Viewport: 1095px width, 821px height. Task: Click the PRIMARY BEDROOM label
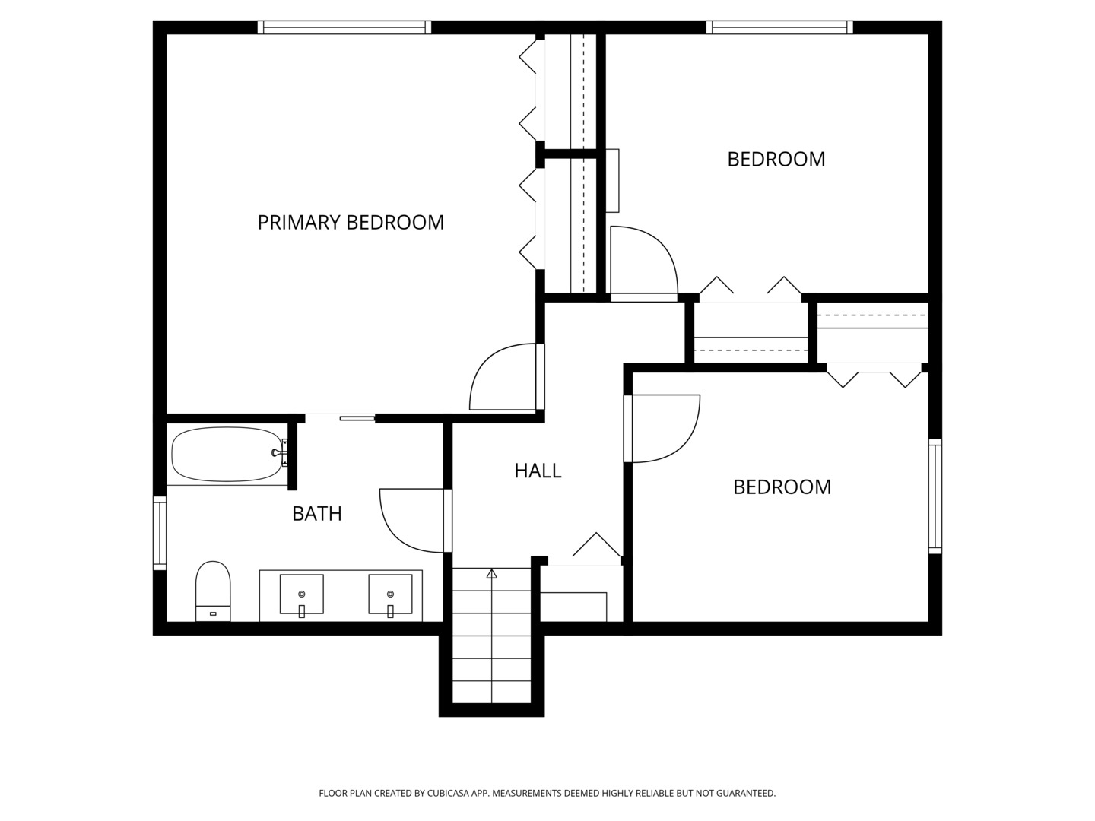tap(351, 222)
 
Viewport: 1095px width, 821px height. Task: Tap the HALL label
tap(538, 471)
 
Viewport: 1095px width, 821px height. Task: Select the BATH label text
tap(317, 514)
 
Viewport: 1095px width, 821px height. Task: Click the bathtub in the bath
tap(226, 455)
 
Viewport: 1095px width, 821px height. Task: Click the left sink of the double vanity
tap(302, 594)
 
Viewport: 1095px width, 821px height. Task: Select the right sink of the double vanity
tap(390, 594)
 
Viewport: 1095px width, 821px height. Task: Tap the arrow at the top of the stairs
tap(491, 574)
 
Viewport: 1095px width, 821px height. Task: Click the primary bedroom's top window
tap(344, 27)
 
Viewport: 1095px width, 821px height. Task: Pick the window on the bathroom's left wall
tap(160, 532)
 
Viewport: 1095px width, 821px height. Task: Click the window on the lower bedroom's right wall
tap(935, 496)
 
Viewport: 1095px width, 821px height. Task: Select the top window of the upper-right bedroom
tap(779, 27)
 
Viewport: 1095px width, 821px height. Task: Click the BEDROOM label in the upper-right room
tap(776, 159)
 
